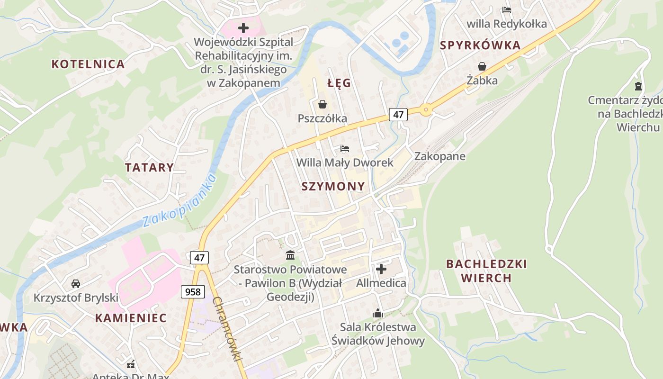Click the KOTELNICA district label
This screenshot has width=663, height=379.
[88, 64]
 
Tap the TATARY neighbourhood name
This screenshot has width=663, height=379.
[149, 167]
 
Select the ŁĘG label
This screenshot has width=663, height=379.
[339, 83]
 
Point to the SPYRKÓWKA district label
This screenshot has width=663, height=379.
[480, 45]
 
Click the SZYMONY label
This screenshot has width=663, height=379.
[333, 186]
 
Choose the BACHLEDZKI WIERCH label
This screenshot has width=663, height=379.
[486, 271]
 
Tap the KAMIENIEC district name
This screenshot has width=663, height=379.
[131, 318]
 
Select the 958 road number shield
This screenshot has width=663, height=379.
[193, 291]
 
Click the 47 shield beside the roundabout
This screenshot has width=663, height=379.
[398, 114]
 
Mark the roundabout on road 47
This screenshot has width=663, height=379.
[426, 110]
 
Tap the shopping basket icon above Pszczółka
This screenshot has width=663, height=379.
[323, 104]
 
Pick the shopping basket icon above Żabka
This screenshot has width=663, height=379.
[482, 66]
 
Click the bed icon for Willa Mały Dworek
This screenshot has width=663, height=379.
[345, 149]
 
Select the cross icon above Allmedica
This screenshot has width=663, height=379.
[381, 269]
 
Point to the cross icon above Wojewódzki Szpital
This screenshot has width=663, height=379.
[243, 28]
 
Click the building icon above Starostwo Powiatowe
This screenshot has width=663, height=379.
[290, 255]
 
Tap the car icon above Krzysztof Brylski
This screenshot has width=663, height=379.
[75, 284]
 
